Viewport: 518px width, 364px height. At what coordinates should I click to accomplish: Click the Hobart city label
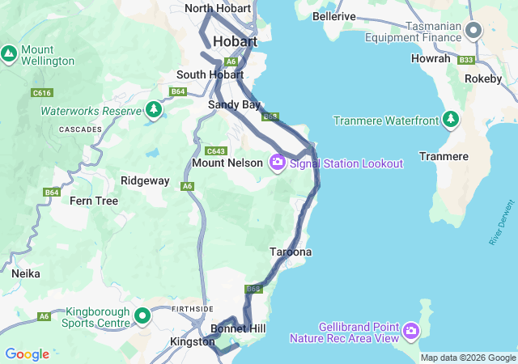click(235, 41)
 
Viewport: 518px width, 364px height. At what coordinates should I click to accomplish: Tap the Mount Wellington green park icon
click(9, 54)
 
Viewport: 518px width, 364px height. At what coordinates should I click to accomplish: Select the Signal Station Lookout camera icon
click(278, 163)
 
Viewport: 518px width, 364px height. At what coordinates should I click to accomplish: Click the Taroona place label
click(291, 252)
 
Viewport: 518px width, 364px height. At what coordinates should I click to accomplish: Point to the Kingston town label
click(192, 342)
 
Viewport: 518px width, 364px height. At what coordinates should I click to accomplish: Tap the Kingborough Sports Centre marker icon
click(142, 315)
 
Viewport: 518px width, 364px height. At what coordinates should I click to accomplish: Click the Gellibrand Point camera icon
click(411, 330)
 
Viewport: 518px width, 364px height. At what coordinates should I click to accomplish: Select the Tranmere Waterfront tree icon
click(451, 121)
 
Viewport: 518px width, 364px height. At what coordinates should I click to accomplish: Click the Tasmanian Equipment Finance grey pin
click(474, 31)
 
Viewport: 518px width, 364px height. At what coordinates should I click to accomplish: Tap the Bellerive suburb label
click(334, 16)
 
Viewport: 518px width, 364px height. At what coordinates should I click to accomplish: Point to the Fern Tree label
click(93, 201)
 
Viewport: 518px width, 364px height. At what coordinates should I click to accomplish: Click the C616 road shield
click(42, 93)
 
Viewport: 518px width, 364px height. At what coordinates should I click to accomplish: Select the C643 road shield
click(215, 151)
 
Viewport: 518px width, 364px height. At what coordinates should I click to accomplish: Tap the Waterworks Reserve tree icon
click(154, 110)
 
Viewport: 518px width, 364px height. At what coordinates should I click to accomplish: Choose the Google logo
click(27, 354)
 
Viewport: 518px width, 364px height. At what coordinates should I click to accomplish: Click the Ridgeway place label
click(145, 181)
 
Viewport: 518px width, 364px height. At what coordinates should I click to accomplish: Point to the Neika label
click(26, 273)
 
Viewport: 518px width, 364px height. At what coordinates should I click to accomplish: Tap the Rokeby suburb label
click(483, 78)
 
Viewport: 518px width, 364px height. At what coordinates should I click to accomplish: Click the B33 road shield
click(465, 60)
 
